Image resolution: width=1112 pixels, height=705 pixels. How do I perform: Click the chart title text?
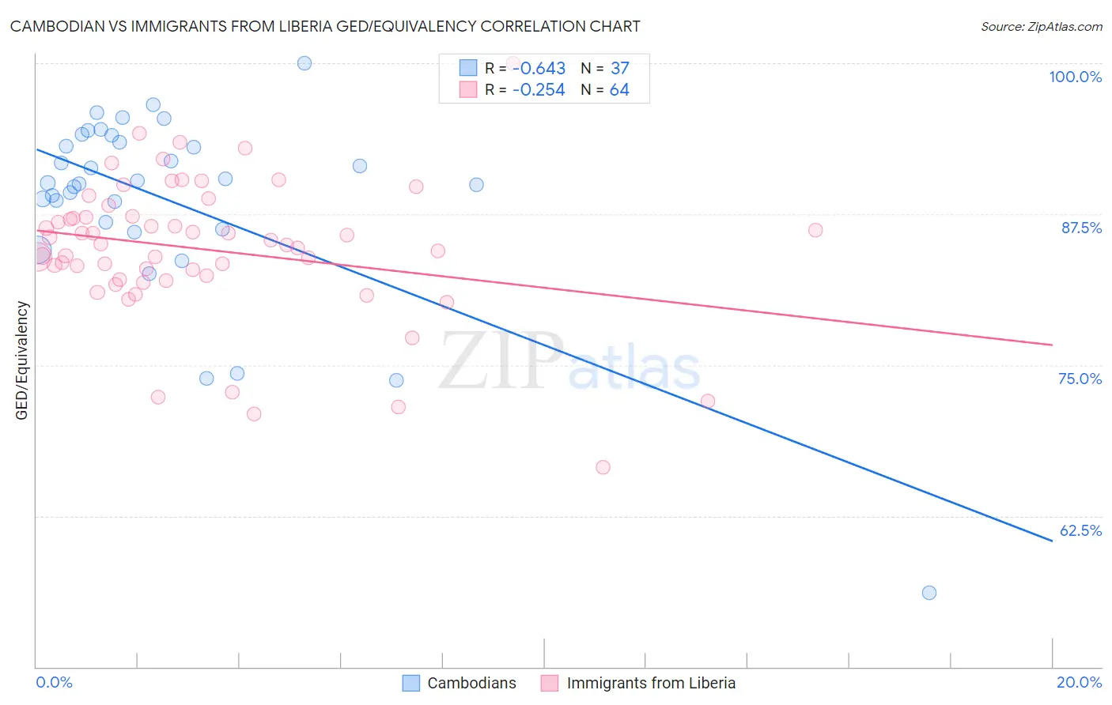325,26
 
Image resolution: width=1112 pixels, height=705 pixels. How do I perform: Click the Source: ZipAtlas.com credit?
1041,27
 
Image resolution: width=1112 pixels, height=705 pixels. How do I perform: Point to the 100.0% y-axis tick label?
1075,77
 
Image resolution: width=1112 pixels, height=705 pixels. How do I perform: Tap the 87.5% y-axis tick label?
1080,228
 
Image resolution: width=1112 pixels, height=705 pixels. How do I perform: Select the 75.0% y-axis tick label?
1080,379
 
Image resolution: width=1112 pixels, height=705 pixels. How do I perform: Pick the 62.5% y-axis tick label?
1080,530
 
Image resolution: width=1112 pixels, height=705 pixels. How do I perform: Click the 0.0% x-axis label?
54,682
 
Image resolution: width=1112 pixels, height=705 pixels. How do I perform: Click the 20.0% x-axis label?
1079,682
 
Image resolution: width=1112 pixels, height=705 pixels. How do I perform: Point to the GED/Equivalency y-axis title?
22,360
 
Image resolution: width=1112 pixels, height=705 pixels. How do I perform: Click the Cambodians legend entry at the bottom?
460,683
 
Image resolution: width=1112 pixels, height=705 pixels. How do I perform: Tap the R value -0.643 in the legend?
539,69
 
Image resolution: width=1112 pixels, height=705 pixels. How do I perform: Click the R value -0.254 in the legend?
539,90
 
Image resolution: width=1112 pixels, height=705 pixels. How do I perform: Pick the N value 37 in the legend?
619,69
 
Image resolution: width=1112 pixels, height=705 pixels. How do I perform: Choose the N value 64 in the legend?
619,90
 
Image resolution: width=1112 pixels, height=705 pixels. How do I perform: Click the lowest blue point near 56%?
929,593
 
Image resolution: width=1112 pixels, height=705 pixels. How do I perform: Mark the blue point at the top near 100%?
304,63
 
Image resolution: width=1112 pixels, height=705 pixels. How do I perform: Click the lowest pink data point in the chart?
603,467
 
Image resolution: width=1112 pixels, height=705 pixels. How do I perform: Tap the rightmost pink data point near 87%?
815,230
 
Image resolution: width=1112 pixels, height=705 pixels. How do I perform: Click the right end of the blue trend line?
1052,541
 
